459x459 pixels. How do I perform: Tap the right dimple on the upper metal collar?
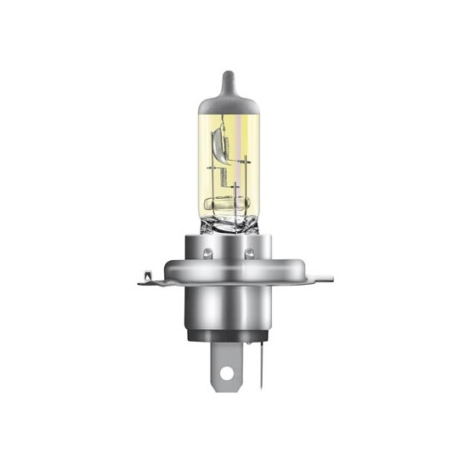pyautogui.click(x=251, y=252)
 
